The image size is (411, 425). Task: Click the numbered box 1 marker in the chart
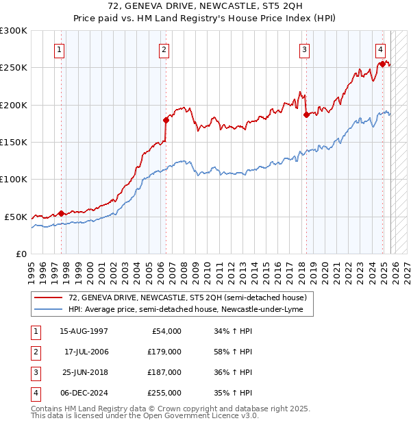(60, 49)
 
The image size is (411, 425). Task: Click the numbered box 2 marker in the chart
(165, 49)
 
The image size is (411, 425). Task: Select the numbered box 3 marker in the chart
(304, 49)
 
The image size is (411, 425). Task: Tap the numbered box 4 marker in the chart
(380, 49)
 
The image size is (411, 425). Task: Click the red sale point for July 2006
(166, 120)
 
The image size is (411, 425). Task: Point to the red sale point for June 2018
(306, 114)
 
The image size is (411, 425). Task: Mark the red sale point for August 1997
(61, 213)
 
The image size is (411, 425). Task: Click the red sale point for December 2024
(382, 64)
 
